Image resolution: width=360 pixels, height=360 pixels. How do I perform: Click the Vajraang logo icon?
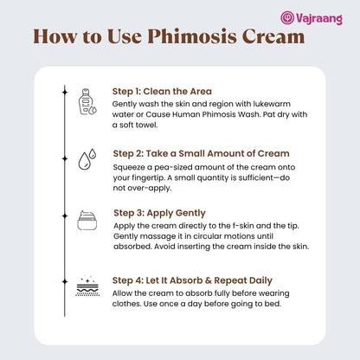pyautogui.click(x=287, y=17)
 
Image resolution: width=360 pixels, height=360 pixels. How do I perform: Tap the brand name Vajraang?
pyautogui.click(x=319, y=19)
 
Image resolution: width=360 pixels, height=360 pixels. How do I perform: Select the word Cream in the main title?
pyautogui.click(x=273, y=37)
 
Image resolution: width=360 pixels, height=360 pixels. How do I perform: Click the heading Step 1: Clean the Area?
pyautogui.click(x=162, y=92)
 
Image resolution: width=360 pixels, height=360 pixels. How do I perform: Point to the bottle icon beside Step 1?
pyautogui.click(x=87, y=102)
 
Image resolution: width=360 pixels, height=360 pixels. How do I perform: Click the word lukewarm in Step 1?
pyautogui.click(x=272, y=104)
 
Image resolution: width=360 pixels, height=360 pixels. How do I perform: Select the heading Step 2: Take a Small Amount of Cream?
pyautogui.click(x=201, y=153)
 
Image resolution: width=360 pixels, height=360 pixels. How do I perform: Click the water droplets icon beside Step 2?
pyautogui.click(x=87, y=159)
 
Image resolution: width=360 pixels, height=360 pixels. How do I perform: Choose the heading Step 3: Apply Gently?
pyautogui.click(x=159, y=213)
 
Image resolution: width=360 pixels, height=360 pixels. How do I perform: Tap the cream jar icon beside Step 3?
pyautogui.click(x=87, y=221)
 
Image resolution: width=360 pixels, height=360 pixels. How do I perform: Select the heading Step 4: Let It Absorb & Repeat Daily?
pyautogui.click(x=192, y=280)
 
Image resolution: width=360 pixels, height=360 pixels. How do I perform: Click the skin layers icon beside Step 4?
pyautogui.click(x=87, y=286)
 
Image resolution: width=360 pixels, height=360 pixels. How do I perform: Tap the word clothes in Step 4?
pyautogui.click(x=126, y=304)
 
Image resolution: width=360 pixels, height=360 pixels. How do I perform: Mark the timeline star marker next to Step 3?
pyautogui.click(x=65, y=216)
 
